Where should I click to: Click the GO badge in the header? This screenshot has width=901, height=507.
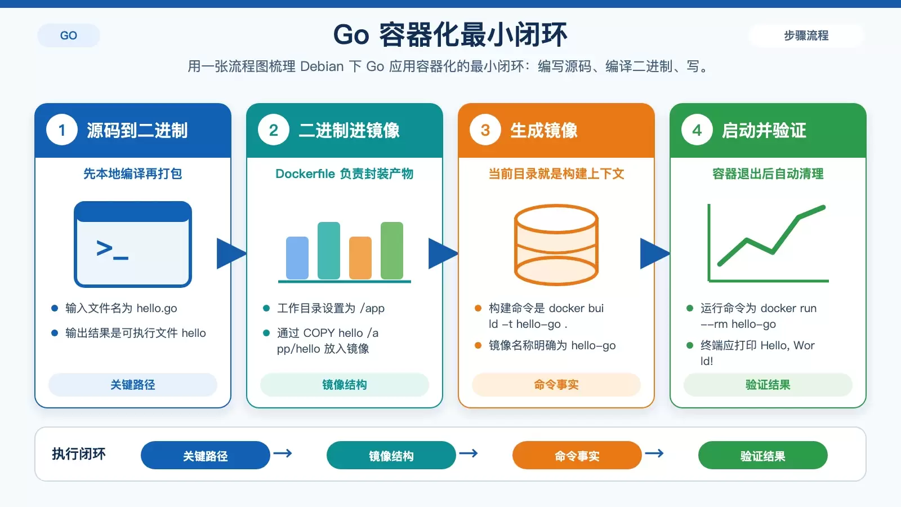coord(68,35)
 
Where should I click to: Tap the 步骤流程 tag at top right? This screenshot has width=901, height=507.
coord(806,35)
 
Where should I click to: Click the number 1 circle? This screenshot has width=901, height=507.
coord(62,130)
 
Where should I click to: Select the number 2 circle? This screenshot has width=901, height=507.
coord(274,130)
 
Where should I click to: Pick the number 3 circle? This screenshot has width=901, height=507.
coord(485,130)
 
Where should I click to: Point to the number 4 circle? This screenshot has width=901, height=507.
coord(697,130)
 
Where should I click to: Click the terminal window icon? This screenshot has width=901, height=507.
coord(133,244)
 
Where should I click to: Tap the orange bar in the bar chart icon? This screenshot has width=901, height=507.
coord(360,257)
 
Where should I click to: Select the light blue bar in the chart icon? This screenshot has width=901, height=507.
coord(297,257)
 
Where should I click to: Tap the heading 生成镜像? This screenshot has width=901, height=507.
coord(544,130)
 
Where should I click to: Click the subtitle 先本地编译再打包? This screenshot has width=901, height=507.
coord(133,174)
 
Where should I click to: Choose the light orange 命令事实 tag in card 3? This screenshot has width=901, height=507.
coord(556,385)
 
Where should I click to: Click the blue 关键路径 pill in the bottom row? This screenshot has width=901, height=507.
coord(205,456)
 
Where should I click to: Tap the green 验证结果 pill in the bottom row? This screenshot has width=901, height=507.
coord(762,456)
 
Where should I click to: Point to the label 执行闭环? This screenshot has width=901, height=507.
coord(79,454)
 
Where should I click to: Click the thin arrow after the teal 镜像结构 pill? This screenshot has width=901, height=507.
coord(469,453)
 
